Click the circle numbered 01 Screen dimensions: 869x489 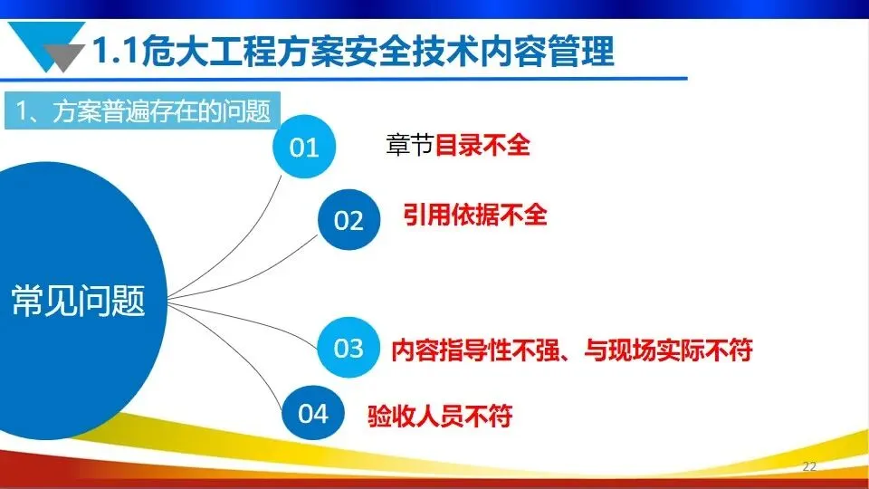click(304, 147)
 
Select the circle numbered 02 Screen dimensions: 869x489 click(349, 219)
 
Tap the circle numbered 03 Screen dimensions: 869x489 click(349, 348)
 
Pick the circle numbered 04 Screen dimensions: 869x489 click(313, 413)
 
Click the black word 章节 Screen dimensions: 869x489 click(409, 145)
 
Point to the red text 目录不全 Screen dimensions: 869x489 click(482, 145)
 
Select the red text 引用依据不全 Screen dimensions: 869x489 click(475, 215)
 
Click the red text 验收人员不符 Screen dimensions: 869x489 click(440, 416)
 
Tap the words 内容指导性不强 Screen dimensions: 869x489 click(475, 350)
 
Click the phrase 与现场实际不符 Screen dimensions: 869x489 click(668, 350)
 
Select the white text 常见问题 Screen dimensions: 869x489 click(78, 301)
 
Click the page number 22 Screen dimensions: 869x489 click(809, 466)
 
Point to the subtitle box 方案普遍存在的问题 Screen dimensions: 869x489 click(142, 110)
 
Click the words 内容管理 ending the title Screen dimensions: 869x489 click(547, 51)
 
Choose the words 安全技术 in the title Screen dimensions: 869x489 click(412, 51)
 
